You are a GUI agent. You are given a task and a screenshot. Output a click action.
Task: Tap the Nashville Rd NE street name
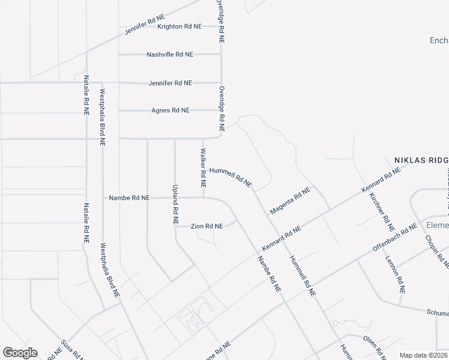pos(170,54)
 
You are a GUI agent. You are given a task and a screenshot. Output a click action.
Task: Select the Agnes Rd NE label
pos(170,110)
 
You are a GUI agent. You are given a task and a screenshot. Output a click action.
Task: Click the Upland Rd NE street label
pos(175,205)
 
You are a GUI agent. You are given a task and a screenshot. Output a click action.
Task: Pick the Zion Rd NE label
pos(207,226)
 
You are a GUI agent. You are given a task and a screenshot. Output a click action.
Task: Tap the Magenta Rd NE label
pos(291,200)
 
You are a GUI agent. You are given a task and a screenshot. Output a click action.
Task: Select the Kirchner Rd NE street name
pos(381,212)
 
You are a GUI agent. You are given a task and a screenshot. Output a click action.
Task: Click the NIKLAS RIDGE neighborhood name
pos(421,160)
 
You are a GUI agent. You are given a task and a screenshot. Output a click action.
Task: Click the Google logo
pos(20,353)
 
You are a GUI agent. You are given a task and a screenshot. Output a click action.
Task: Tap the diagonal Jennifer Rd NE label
pos(145,25)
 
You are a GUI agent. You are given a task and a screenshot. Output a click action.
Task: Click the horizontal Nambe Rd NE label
pos(128,197)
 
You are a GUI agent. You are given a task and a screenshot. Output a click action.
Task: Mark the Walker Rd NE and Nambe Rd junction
pos(203,197)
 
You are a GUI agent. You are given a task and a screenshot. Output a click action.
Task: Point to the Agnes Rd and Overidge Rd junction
pos(221,110)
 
